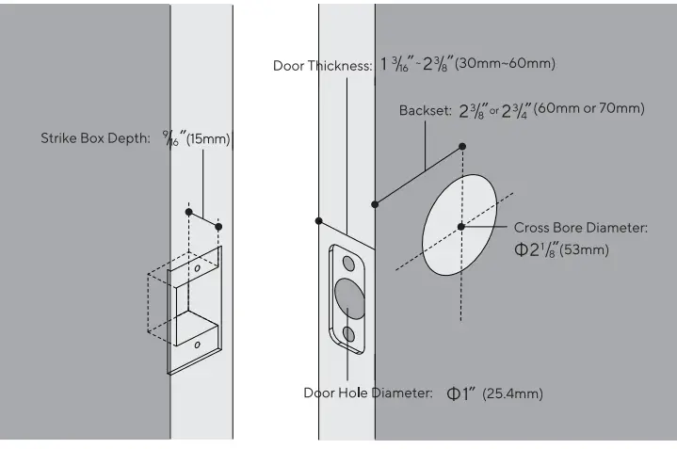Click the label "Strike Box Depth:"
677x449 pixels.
click(x=95, y=138)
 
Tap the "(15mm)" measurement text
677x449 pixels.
click(x=208, y=139)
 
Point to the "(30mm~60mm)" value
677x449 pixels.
click(x=506, y=64)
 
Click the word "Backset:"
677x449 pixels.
click(x=426, y=110)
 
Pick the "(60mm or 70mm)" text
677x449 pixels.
click(x=589, y=109)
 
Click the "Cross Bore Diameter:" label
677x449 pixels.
click(x=581, y=228)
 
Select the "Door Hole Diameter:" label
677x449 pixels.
click(x=367, y=393)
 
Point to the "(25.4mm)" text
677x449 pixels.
click(x=513, y=393)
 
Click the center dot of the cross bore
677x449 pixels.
click(x=461, y=227)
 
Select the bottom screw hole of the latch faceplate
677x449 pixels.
click(x=349, y=334)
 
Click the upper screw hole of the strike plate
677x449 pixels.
click(x=198, y=267)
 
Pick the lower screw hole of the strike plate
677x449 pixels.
click(x=197, y=345)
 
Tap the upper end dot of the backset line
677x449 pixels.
click(x=462, y=147)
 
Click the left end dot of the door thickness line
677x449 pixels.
click(x=320, y=221)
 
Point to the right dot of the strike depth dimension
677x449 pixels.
click(x=219, y=226)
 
